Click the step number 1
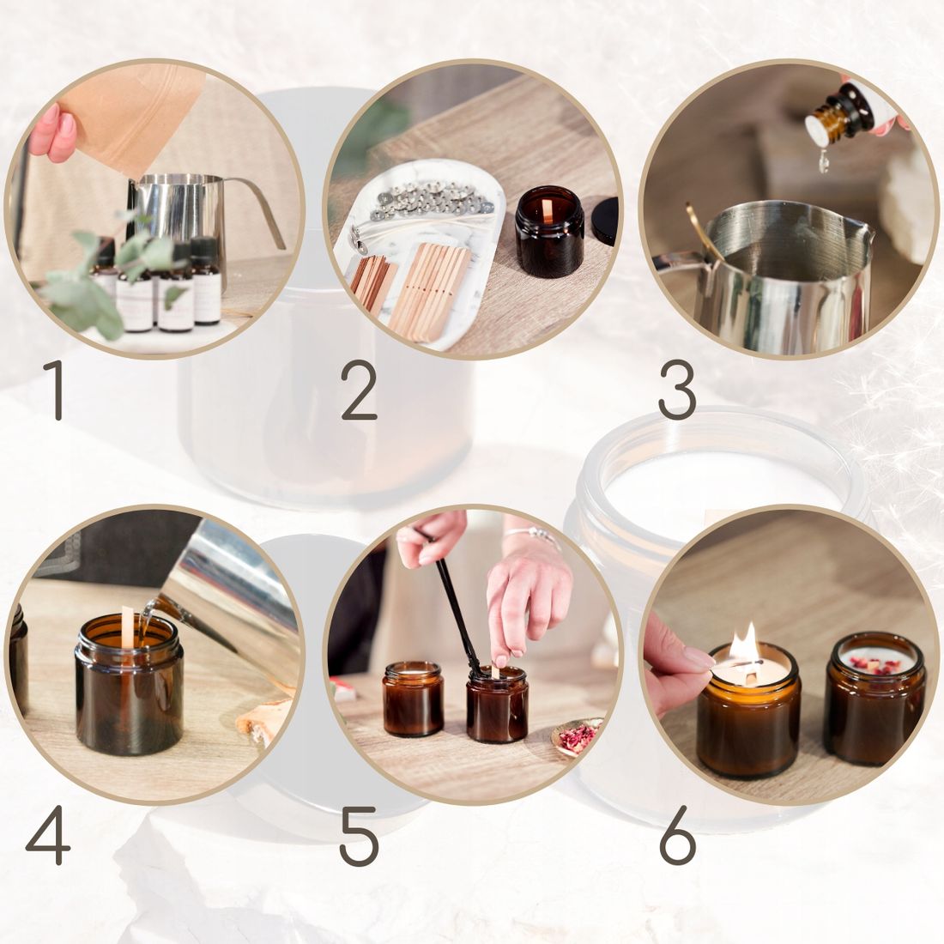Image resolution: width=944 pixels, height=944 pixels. click(55, 390)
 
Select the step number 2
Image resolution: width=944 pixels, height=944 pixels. click(359, 390)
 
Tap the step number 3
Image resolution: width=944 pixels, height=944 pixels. click(677, 390)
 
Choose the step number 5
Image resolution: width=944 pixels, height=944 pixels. click(359, 836)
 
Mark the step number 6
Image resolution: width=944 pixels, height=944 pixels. click(678, 836)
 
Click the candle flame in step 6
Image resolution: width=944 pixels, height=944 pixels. click(745, 645)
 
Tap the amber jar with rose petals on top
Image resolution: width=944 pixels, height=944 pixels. click(874, 699)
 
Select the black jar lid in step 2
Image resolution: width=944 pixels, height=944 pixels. click(604, 221)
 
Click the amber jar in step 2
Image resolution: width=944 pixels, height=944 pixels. click(549, 232)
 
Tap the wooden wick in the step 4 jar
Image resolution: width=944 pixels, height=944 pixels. click(127, 627)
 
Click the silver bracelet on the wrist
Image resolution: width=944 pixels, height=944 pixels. click(533, 535)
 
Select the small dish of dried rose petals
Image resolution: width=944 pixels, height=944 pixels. click(576, 737)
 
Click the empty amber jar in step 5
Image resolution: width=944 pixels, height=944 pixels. click(413, 699)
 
